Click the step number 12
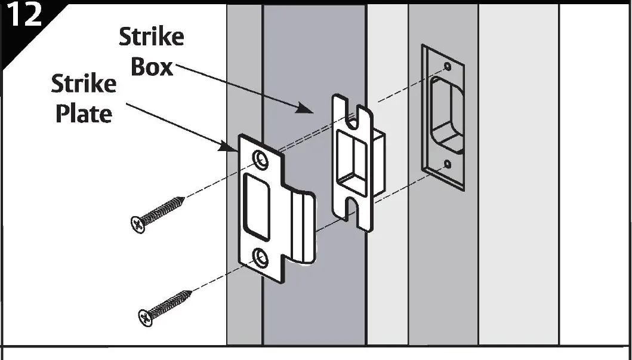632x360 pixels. [x=24, y=16]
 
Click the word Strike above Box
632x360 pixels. [x=151, y=37]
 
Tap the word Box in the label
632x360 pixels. [x=151, y=67]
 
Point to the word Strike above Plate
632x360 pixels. [x=83, y=84]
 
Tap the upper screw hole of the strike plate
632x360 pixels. [x=260, y=158]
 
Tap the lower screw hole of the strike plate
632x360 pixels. [x=260, y=257]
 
